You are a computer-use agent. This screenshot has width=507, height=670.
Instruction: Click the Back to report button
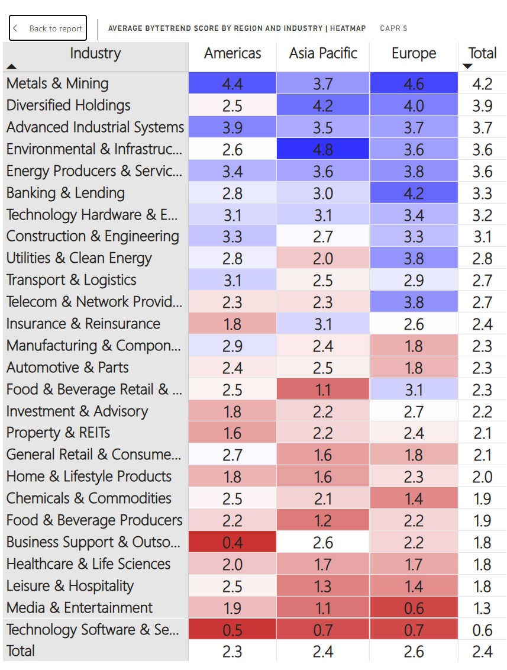click(48, 28)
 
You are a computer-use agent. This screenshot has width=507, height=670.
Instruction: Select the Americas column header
click(232, 53)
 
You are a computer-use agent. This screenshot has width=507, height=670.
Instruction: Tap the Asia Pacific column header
click(323, 53)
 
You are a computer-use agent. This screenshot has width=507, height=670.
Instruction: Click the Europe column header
click(414, 53)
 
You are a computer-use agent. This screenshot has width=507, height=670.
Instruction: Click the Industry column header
click(95, 53)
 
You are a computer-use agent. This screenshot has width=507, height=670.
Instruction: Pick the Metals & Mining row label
click(57, 83)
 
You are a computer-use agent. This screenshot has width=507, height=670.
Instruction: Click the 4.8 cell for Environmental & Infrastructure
click(323, 149)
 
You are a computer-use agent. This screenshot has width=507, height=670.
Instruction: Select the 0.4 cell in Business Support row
click(232, 543)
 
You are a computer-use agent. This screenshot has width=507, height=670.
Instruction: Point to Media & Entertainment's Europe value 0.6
click(414, 608)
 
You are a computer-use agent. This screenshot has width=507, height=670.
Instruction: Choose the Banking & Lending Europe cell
click(414, 193)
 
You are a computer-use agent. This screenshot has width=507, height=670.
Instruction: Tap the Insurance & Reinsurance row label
click(83, 324)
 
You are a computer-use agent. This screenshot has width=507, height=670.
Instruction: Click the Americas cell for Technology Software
click(232, 630)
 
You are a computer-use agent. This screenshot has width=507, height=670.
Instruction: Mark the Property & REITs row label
click(59, 433)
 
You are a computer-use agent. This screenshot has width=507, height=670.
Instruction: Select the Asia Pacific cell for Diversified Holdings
click(323, 105)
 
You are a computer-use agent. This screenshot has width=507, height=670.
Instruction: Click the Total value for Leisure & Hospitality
click(482, 587)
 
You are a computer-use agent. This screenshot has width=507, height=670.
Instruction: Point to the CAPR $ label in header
click(393, 28)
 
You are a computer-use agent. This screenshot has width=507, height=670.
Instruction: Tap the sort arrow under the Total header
click(467, 66)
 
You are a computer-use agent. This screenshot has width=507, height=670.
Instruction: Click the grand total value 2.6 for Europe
click(414, 652)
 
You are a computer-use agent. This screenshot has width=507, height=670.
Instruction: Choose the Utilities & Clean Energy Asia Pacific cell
click(323, 259)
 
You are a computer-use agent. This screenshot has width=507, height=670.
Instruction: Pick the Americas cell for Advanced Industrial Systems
click(232, 127)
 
